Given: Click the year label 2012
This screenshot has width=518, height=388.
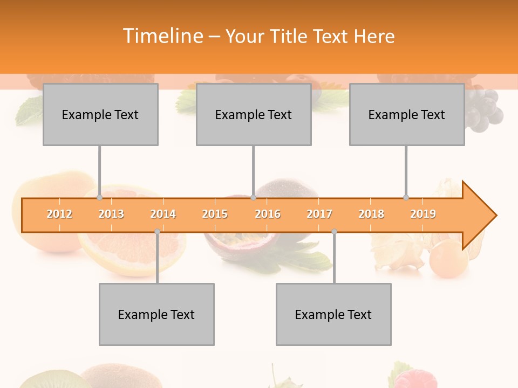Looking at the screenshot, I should coord(59,214).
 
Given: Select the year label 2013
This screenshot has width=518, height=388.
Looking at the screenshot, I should coord(111,214).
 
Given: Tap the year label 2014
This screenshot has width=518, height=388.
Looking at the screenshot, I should coord(163,214).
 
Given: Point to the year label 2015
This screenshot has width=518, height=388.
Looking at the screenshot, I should coord(215,214).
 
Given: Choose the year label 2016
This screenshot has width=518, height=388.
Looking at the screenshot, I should coord(268,214).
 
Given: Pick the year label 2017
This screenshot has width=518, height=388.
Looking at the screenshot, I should coord(319,214).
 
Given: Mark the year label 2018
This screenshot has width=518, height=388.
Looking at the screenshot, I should coord(371,214).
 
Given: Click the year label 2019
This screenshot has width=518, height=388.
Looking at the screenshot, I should coord(423,214).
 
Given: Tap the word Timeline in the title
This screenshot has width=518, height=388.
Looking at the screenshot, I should coord(162,36).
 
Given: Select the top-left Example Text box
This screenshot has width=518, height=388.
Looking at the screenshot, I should coord(100,114).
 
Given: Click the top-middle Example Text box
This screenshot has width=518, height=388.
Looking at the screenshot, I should coord(254,114).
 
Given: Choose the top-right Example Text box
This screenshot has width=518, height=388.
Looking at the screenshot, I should coord(407,114).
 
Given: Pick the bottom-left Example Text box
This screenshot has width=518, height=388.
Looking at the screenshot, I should coord(156,314).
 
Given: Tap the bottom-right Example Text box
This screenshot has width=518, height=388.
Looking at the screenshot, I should coord(333,314).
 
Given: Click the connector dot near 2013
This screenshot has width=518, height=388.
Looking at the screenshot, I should coord(99,198).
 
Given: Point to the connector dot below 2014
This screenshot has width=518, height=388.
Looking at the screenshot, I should coord(157,231).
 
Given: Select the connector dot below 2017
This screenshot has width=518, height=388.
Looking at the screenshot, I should coord(334,231).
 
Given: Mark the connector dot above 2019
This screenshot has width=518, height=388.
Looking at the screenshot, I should coord(406,198).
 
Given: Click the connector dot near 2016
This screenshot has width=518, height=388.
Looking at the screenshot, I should coord(253,198).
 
